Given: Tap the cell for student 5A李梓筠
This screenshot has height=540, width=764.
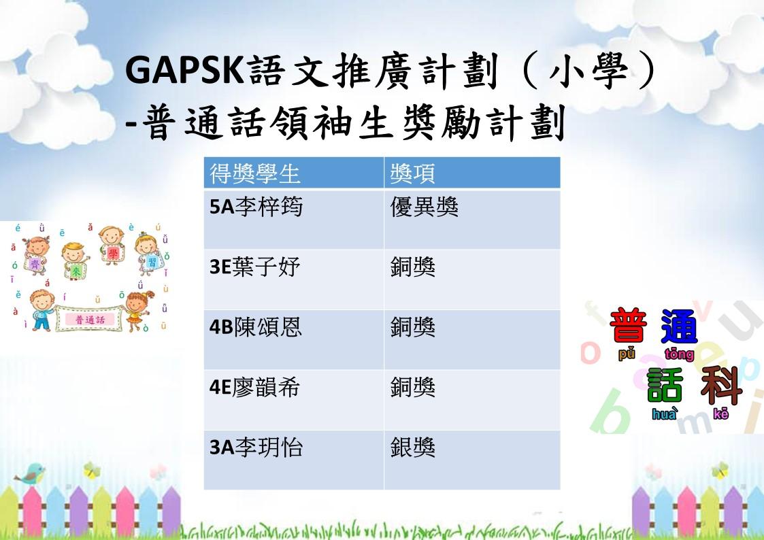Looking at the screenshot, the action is pyautogui.click(x=294, y=219).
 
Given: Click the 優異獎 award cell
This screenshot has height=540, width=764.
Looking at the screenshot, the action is pyautogui.click(x=472, y=219).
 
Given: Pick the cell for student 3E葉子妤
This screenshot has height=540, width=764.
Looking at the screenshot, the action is pyautogui.click(x=294, y=280).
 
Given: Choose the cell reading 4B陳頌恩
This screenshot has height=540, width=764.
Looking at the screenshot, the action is pyautogui.click(x=294, y=340).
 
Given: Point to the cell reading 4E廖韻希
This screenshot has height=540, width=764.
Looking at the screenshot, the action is pyautogui.click(x=294, y=400).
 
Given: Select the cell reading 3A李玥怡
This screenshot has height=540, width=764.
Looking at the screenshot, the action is pyautogui.click(x=294, y=460).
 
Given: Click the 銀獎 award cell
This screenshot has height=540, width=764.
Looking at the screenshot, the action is pyautogui.click(x=472, y=460).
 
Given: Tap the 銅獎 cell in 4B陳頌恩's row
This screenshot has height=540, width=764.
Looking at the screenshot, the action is pyautogui.click(x=472, y=340).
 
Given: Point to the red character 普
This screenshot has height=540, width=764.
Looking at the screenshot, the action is pyautogui.click(x=628, y=325).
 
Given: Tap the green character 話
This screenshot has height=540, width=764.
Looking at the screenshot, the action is pyautogui.click(x=665, y=385).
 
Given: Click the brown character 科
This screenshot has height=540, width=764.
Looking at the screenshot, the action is pyautogui.click(x=721, y=386).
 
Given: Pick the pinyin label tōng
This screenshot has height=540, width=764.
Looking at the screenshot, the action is pyautogui.click(x=679, y=354).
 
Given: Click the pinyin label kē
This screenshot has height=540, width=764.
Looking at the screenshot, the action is pyautogui.click(x=720, y=414).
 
